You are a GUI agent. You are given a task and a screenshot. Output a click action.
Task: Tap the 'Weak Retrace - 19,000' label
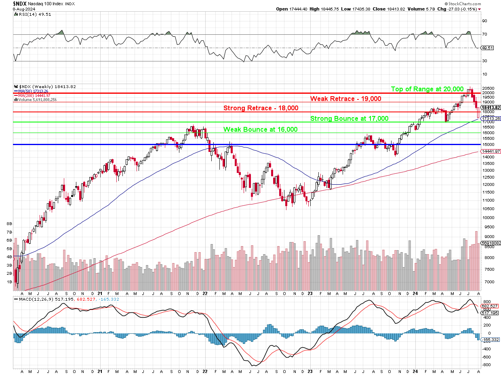click(x=345, y=99)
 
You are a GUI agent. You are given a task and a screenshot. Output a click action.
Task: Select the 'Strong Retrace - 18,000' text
click(x=261, y=108)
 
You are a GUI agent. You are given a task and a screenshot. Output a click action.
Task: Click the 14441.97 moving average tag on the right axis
click(x=490, y=151)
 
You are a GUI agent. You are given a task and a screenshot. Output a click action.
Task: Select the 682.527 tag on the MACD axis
click(x=489, y=306)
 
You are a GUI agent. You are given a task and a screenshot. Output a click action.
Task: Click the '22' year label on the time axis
click(x=205, y=294)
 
